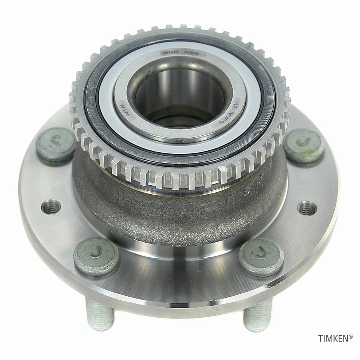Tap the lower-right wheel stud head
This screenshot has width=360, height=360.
pos(261,256)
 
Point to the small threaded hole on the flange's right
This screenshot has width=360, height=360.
pos(307,207)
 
